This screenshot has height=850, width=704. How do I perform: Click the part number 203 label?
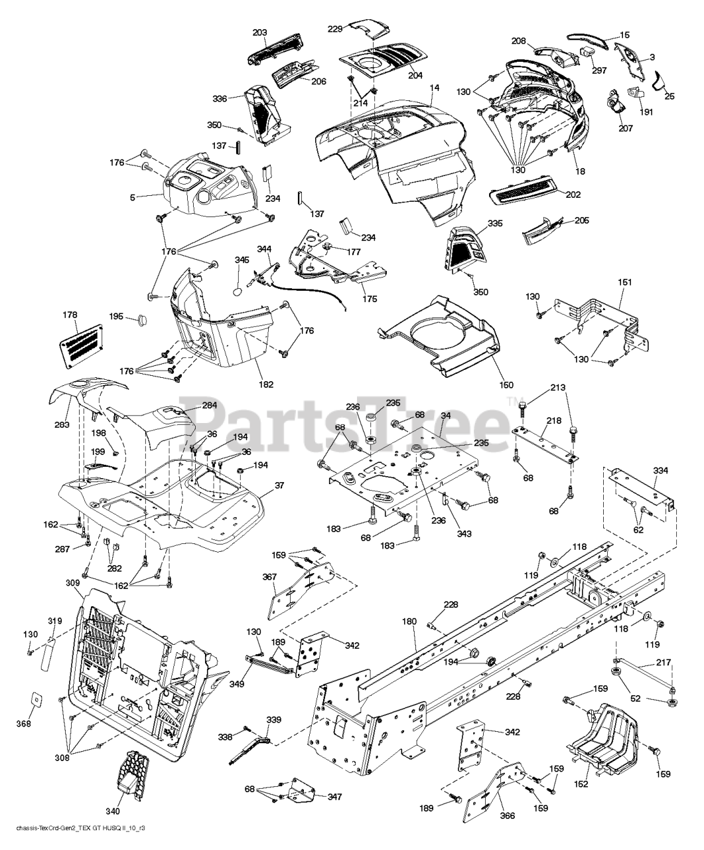[260, 33]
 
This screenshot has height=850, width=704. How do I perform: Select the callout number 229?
[336, 28]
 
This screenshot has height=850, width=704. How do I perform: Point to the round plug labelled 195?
[143, 320]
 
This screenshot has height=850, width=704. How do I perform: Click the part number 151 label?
[625, 282]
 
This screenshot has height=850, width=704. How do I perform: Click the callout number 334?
[660, 471]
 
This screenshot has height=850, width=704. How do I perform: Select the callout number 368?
[23, 724]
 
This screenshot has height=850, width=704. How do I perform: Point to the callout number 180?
[409, 622]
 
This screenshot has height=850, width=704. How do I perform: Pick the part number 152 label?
[581, 784]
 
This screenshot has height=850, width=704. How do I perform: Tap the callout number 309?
[72, 583]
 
